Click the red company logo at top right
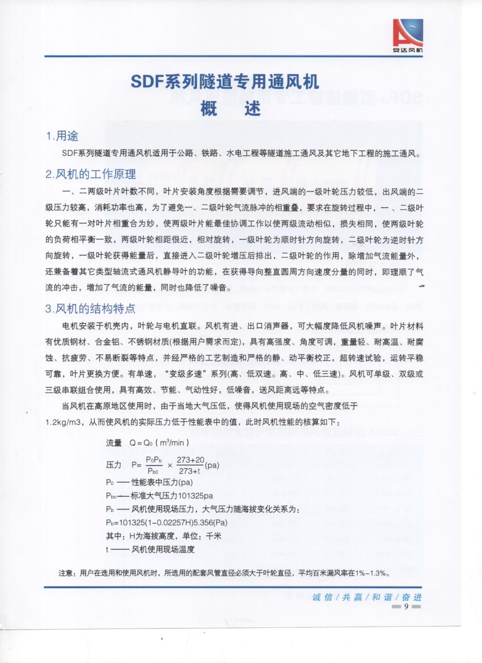tap(408, 35)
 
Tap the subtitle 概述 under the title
tap(230, 108)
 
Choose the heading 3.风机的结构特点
tap(91, 309)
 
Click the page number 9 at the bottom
tap(406, 607)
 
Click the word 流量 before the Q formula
tap(114, 442)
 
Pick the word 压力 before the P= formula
tap(114, 465)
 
